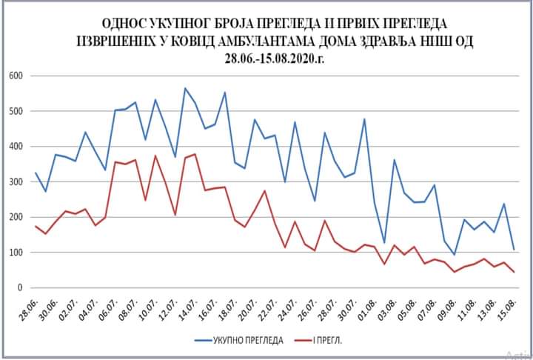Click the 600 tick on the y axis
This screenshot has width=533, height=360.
(16, 76)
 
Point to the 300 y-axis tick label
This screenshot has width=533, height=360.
(16, 181)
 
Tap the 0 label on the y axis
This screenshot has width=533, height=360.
(21, 287)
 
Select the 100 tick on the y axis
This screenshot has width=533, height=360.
(16, 252)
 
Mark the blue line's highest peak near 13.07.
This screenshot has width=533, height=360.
(185, 88)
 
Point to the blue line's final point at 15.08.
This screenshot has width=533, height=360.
(514, 250)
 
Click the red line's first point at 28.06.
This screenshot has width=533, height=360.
(36, 226)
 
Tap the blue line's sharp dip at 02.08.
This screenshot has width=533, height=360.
(384, 243)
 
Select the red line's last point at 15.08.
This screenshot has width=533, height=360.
(514, 272)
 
